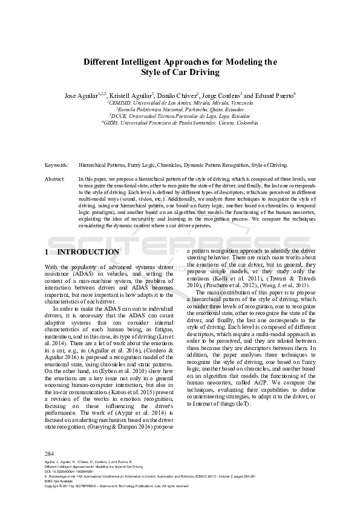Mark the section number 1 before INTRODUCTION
[x=48, y=251]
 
